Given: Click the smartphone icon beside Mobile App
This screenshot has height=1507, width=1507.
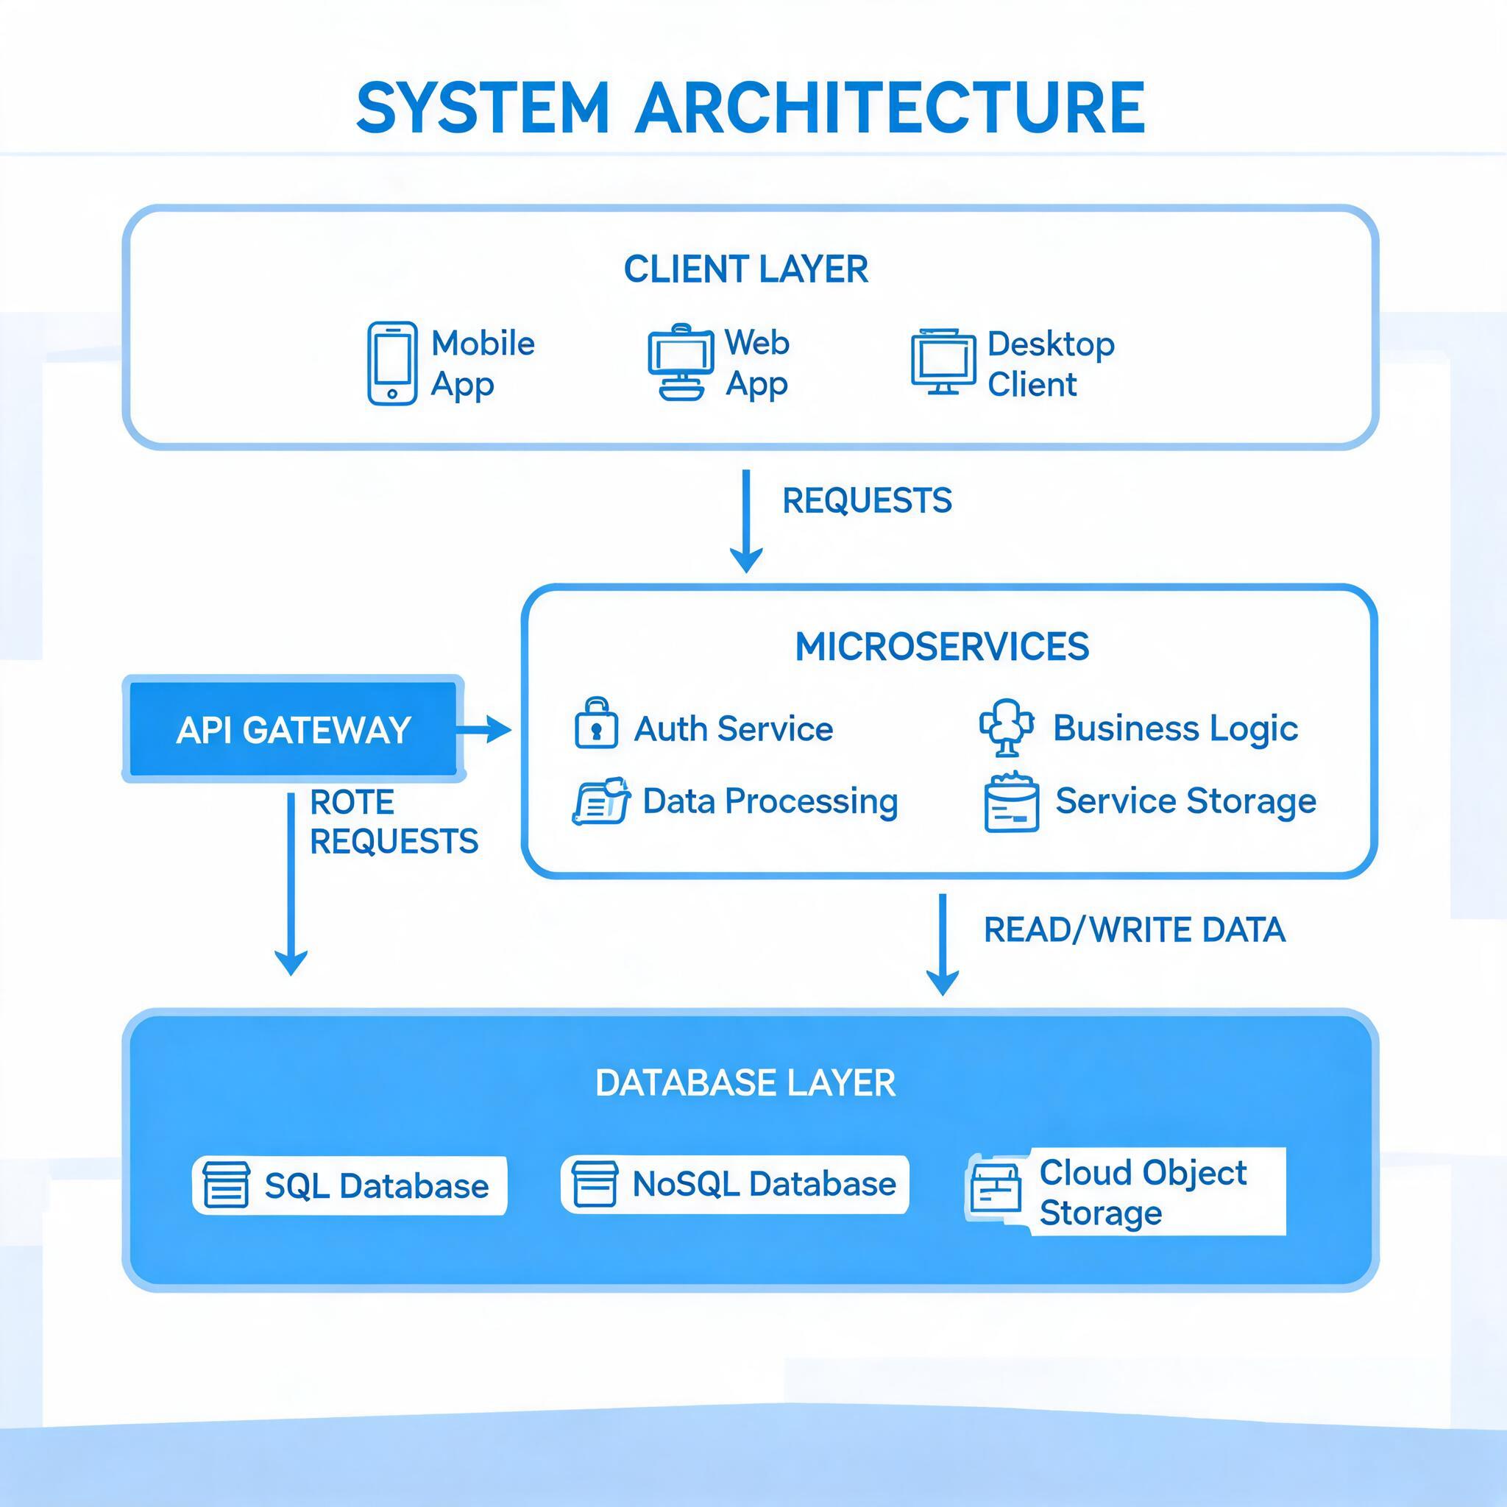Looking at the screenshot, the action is click(391, 364).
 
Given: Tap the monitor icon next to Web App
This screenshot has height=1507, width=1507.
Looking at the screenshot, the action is click(680, 362).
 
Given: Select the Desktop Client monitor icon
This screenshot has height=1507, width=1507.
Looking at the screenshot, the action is click(943, 362).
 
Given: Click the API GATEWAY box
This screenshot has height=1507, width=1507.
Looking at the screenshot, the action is click(294, 729).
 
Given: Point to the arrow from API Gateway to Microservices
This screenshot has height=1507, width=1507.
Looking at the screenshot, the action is click(483, 730).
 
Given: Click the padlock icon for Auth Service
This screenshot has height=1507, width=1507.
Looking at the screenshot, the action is click(597, 723).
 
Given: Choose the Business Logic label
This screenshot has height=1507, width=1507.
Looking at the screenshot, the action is click(1175, 728).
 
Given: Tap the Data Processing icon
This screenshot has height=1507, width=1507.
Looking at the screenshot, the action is click(601, 801).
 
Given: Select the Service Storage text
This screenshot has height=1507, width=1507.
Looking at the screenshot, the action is click(1185, 801).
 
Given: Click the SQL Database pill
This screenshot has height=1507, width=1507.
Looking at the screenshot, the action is click(350, 1185).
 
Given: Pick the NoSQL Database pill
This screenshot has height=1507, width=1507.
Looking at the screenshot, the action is click(735, 1184).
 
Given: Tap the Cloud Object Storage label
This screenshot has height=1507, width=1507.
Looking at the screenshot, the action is click(1143, 1193).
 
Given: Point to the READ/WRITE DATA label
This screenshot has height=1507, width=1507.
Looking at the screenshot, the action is click(1134, 930).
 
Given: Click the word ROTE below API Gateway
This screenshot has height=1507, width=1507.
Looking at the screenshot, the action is click(352, 803).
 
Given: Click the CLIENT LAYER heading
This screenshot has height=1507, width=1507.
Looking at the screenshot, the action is click(745, 270).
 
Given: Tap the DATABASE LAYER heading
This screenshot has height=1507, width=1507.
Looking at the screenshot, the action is click(745, 1083).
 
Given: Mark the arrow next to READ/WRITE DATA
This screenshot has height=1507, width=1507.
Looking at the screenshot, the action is click(943, 945).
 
